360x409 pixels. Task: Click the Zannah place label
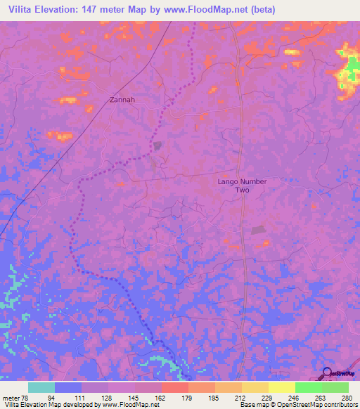122,100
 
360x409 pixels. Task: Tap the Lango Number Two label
242,186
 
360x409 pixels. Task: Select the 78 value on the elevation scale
25,397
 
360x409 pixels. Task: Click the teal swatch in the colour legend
41,387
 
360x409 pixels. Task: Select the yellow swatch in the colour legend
281,387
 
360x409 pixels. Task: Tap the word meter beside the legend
11,397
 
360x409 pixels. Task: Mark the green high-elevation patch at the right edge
347,70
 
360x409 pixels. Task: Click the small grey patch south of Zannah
158,145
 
